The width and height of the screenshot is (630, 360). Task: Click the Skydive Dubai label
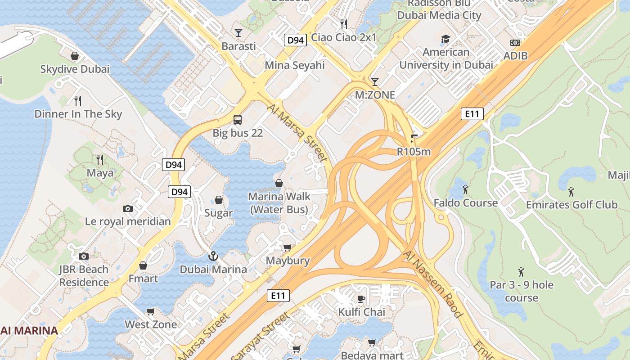(x=75, y=69)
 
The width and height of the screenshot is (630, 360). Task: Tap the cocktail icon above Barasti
(x=238, y=33)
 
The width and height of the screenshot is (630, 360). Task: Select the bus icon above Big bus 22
(x=238, y=120)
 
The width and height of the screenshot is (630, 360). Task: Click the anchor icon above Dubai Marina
(x=213, y=256)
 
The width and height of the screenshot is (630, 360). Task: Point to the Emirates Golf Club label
(x=571, y=205)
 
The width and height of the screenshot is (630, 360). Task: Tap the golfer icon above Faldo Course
(x=465, y=189)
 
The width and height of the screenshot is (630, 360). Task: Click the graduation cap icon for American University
(x=445, y=39)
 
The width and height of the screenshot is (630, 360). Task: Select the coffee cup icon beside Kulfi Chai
(x=360, y=299)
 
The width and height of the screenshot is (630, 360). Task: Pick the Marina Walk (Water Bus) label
(x=279, y=203)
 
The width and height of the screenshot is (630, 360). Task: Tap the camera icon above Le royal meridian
(x=128, y=208)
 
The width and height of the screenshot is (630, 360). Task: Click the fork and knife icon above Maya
(x=100, y=159)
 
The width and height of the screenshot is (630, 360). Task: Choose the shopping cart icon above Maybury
(x=288, y=247)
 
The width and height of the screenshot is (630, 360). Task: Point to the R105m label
(x=414, y=152)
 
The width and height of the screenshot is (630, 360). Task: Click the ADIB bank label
(x=515, y=56)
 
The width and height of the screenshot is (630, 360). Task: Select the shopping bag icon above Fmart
(x=143, y=265)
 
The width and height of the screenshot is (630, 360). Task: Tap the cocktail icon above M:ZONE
(x=374, y=81)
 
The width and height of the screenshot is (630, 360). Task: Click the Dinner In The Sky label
(x=78, y=114)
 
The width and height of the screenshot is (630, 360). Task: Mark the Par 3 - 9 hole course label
(x=522, y=291)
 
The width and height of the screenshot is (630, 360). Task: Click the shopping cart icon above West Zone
(x=151, y=311)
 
